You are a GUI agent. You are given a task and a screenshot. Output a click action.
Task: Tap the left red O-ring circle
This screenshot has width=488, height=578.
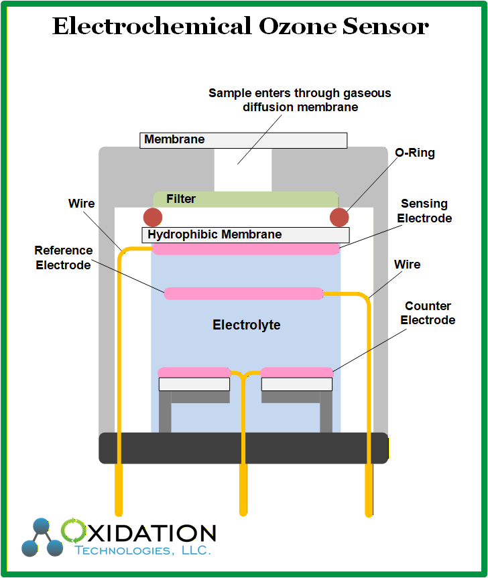click(153, 217)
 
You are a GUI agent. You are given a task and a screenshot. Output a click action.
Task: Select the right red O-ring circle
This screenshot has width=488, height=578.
click(339, 217)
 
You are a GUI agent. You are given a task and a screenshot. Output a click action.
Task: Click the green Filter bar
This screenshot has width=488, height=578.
click(245, 200)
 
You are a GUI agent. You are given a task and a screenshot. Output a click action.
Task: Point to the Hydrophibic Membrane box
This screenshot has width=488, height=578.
click(245, 235)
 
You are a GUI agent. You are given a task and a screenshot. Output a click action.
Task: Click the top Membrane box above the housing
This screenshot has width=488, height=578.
click(243, 140)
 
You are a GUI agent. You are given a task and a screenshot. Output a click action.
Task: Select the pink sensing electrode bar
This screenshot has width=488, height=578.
click(245, 249)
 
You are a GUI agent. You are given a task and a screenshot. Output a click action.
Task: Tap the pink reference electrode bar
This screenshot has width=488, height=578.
click(244, 293)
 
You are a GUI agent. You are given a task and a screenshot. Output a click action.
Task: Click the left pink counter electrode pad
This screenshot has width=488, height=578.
click(194, 372)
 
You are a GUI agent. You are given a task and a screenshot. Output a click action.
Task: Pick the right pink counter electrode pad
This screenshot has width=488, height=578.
click(297, 372)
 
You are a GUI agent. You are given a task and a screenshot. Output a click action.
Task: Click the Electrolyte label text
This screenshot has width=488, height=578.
click(247, 326)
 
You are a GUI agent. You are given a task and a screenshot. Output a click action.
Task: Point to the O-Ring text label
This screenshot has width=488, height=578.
click(415, 153)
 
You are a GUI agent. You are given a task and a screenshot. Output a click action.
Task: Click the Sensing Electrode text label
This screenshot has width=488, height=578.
click(424, 211)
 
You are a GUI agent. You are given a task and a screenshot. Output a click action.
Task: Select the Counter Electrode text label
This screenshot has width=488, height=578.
click(428, 313)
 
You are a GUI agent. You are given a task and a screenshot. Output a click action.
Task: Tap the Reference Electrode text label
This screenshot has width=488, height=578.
click(64, 258)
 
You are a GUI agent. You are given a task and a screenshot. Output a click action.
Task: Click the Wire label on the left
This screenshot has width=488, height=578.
click(82, 203)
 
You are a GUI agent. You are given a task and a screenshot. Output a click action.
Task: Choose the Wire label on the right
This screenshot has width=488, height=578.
click(407, 265)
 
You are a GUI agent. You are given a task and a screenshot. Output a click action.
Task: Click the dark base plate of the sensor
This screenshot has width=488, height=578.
click(243, 448)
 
